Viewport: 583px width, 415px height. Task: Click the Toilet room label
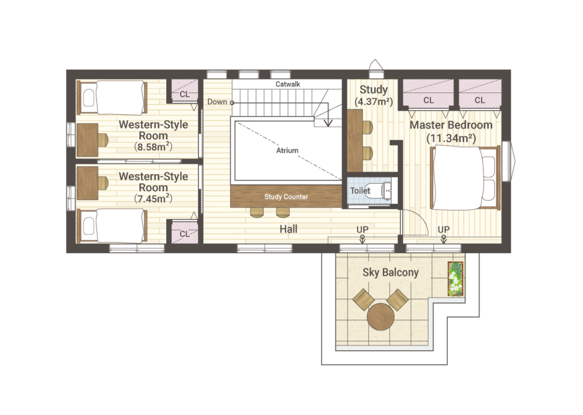[x=360, y=191]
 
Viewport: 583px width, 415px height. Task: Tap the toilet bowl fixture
[x=380, y=190]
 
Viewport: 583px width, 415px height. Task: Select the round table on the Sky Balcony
[x=380, y=317]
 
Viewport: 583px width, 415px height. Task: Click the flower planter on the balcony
[x=455, y=279]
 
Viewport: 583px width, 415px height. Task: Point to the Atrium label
[x=287, y=150]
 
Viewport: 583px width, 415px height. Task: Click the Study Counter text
[x=286, y=197]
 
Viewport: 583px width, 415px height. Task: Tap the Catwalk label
[x=288, y=84]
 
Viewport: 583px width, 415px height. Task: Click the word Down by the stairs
[x=217, y=102]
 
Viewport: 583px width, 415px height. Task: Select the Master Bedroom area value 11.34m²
[x=451, y=138]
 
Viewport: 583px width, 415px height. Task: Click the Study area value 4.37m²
[x=374, y=101]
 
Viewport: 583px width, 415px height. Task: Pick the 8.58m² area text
[x=153, y=147]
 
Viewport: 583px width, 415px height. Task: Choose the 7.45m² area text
[x=153, y=199]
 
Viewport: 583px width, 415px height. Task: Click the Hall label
[x=289, y=229]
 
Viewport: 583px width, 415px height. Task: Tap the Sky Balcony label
[x=391, y=272]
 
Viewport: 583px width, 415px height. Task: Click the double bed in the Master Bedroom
[x=465, y=178]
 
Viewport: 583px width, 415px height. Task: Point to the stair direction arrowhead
[x=328, y=123]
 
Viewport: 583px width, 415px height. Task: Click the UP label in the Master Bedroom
[x=444, y=229]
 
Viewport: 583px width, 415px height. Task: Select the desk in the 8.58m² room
[x=88, y=140]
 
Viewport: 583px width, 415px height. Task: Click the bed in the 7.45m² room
[x=112, y=225]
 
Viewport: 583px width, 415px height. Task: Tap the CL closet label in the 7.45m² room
[x=184, y=234]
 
